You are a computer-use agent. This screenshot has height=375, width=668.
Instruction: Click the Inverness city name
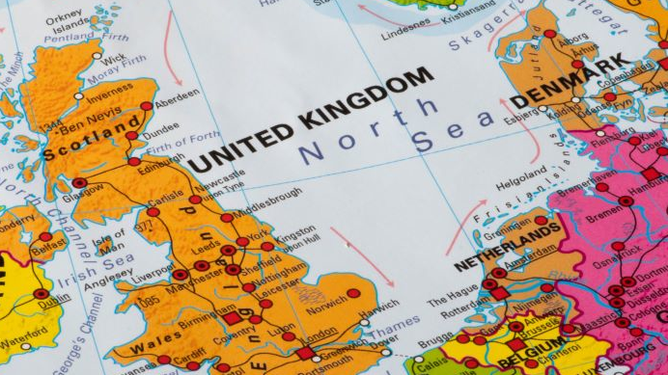point(108,96)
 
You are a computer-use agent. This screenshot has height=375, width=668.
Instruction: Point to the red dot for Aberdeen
point(146,106)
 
